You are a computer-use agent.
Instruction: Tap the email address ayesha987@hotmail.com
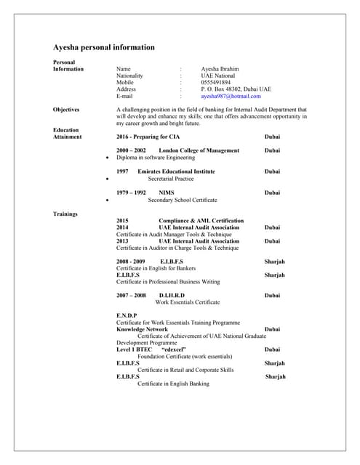tap(231, 96)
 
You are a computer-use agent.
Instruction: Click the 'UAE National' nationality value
tap(218, 76)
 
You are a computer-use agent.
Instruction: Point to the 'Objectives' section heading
tap(66, 110)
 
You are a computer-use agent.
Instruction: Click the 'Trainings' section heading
tap(65, 214)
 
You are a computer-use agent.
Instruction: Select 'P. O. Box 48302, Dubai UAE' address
tap(236, 89)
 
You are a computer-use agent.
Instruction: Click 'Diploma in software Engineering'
tap(156, 157)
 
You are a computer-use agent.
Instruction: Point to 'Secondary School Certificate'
tap(182, 199)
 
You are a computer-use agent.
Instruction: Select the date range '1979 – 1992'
tap(131, 193)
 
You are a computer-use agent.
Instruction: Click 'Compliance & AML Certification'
tap(201, 220)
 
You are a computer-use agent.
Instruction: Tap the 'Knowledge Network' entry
tap(142, 328)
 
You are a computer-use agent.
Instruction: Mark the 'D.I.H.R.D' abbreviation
tap(172, 296)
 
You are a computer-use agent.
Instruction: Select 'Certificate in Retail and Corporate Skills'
tap(185, 370)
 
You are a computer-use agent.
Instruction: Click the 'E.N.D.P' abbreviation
tap(127, 315)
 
